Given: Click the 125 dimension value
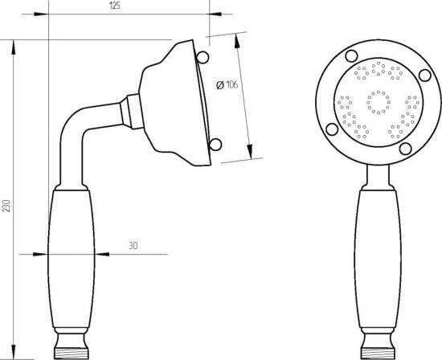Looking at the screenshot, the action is [114, 6].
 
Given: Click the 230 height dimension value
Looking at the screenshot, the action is [6, 206].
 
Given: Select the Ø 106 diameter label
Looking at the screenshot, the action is [227, 84].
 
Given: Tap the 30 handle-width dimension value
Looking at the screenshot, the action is [133, 246].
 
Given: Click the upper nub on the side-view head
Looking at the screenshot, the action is [203, 57].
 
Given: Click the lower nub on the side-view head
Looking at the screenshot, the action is [215, 145].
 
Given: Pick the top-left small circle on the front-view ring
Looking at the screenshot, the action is [351, 55].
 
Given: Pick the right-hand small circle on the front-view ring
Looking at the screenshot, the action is [425, 76].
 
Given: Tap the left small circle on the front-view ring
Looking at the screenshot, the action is [332, 129].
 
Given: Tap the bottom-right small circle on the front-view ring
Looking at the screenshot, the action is [405, 149].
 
